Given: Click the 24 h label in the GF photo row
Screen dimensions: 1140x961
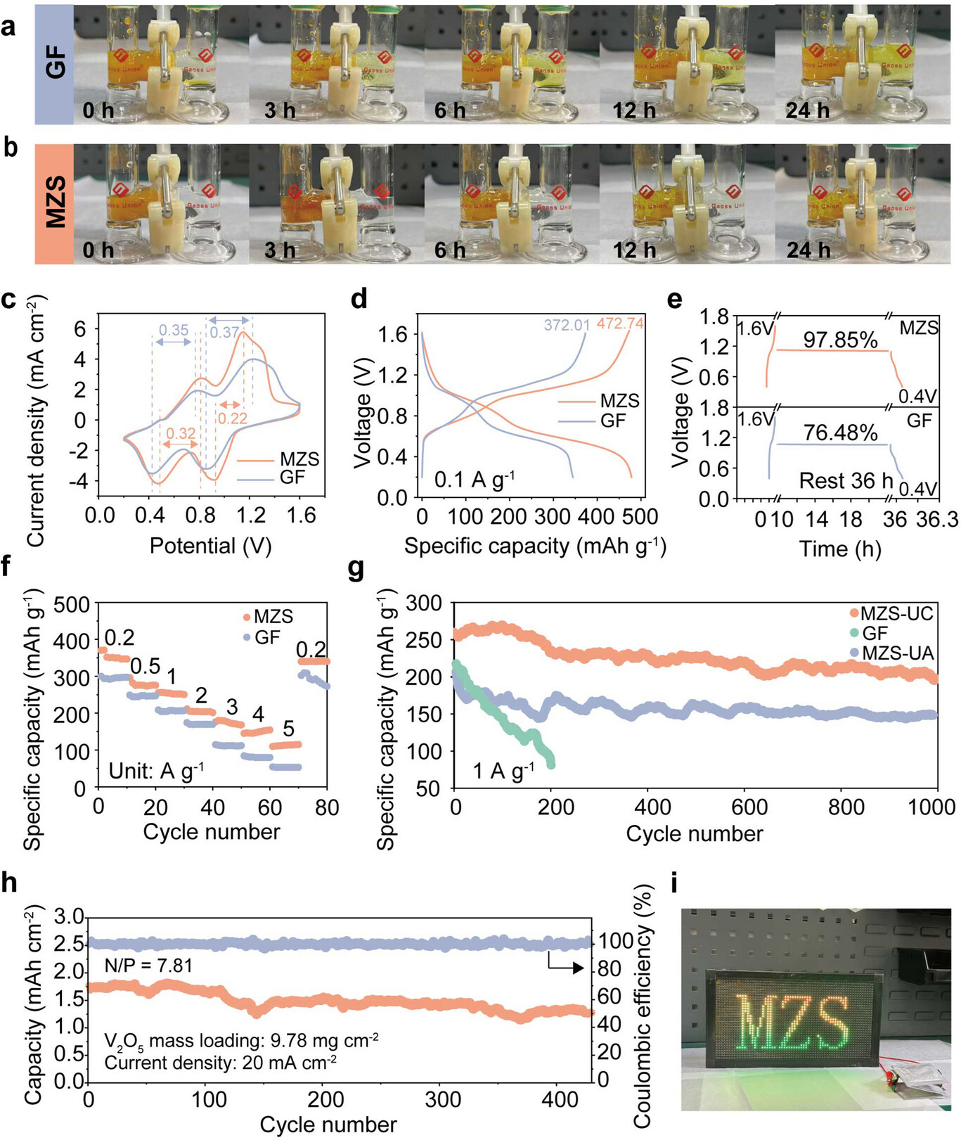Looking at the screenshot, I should click(807, 110).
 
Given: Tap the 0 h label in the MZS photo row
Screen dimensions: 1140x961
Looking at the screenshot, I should click(98, 250).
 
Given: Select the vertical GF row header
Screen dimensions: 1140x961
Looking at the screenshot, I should click(55, 64).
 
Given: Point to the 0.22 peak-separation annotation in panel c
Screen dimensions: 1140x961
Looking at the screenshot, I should click(232, 418).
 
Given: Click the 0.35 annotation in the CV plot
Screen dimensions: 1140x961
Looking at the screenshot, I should click(173, 330).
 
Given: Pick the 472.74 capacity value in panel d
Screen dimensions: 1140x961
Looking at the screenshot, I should click(620, 324).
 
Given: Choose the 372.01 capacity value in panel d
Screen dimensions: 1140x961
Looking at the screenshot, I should click(567, 325).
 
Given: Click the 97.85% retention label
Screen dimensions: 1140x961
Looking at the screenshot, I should click(840, 340).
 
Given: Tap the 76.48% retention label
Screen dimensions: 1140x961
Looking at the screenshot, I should click(840, 433).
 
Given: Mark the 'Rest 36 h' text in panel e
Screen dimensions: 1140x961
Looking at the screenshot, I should click(846, 481).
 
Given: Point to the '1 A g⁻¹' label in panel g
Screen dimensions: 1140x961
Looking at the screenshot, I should click(503, 771).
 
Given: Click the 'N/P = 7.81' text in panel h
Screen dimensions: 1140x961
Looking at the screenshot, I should click(148, 966).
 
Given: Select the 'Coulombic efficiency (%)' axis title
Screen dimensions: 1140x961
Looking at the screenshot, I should click(643, 1006).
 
